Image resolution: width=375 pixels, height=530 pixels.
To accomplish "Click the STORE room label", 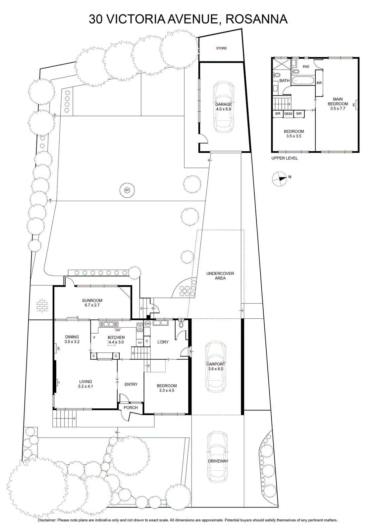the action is pos(221,48).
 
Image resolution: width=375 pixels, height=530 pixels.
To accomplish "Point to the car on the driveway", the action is pos(217,457).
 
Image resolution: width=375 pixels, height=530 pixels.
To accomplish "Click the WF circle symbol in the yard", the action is pos(127,190).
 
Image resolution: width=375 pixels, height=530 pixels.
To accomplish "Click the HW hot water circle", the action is pos(148,324).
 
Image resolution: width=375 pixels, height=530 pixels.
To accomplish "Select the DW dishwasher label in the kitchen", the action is pos(118,330).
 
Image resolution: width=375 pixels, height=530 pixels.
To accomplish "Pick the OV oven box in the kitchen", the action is pos(140,343).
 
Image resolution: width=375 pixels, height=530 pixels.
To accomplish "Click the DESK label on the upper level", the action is pos(288,114).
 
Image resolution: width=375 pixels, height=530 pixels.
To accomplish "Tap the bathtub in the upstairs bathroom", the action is pos(303,80).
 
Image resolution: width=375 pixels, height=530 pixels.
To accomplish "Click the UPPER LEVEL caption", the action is pos(284,158).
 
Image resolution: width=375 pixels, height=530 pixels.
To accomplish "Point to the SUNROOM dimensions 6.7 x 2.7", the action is pos(92,305).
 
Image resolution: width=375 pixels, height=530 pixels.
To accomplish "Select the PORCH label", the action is pos(131,407).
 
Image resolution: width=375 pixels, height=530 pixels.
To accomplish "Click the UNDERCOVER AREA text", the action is pos(220,276).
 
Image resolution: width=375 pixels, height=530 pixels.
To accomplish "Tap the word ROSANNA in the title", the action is pos(256,19).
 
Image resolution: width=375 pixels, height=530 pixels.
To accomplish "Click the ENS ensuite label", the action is pos(306,67).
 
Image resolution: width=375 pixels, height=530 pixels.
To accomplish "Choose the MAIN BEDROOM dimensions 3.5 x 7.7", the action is pos(338,109).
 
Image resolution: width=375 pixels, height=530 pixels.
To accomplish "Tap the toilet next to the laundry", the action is pos(181,324).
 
